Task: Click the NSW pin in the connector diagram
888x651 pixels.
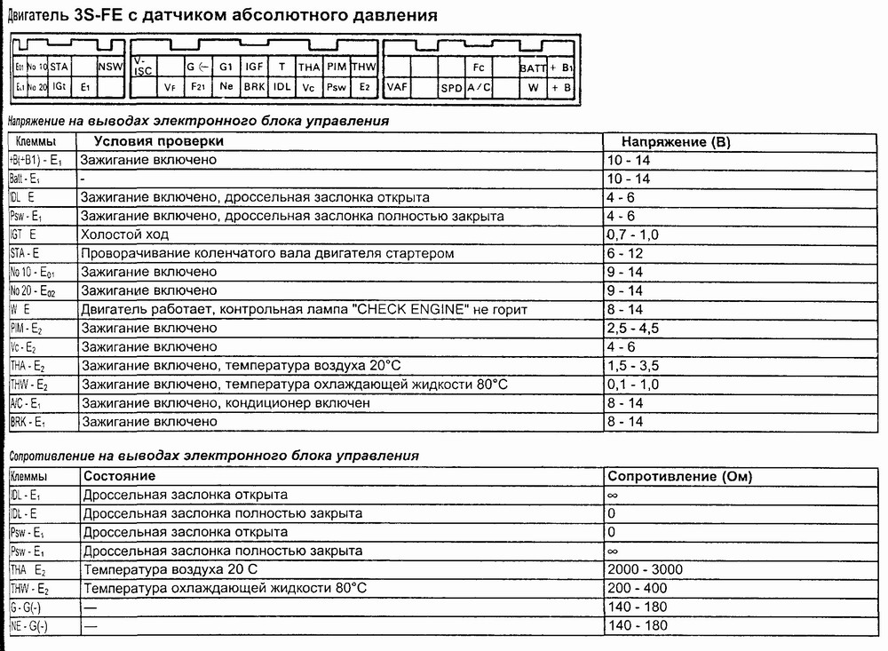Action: click(110, 66)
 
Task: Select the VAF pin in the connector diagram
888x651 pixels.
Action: click(396, 88)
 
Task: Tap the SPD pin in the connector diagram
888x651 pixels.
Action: click(451, 88)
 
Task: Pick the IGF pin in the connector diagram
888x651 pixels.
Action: click(254, 66)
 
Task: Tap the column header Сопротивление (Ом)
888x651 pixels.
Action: click(679, 476)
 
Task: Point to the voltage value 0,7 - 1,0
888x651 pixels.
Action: click(631, 234)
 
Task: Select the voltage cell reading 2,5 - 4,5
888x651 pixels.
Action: click(631, 328)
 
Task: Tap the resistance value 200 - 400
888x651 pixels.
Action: click(638, 588)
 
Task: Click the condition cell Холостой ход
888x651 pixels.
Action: click(124, 234)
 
